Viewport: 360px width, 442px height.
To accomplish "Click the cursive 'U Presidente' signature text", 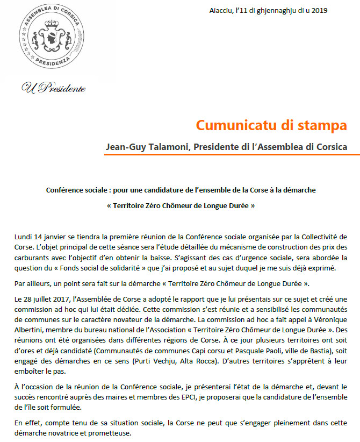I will [54, 88].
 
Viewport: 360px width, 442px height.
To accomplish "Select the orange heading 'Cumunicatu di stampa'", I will [271, 125].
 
